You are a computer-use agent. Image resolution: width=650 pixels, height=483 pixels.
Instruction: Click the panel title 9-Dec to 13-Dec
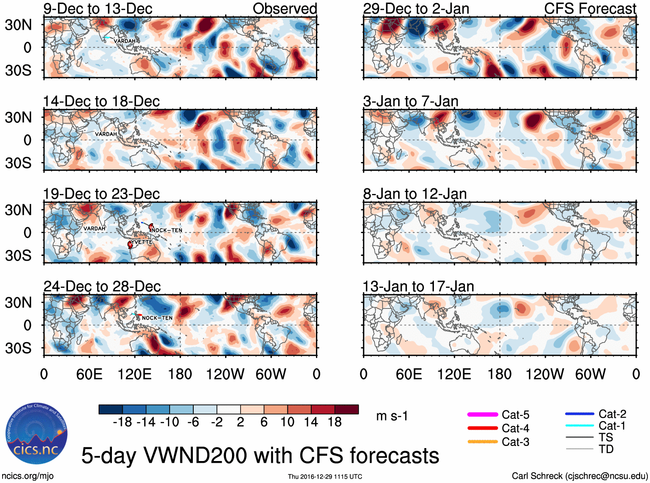pos(98,9)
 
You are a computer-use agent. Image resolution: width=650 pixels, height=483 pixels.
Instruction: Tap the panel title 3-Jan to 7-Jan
pos(411,101)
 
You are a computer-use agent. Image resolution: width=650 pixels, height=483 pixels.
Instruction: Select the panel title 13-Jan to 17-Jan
pos(418,287)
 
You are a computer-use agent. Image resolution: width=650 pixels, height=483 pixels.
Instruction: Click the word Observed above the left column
pos(285,9)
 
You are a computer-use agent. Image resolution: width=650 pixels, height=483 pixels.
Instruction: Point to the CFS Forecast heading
pos(590,9)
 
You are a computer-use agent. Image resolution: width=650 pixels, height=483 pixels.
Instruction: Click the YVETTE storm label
pos(142,242)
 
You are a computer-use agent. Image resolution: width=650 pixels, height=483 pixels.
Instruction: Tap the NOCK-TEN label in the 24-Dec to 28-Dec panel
pos(157,318)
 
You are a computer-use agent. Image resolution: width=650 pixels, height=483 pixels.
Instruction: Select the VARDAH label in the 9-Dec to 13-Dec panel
pos(124,41)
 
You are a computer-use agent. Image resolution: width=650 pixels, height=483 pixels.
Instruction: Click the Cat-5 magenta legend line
pos(483,414)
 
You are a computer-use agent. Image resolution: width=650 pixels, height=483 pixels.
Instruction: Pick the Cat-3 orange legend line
pos(483,442)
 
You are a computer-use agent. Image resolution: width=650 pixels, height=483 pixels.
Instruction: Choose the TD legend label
pos(606,449)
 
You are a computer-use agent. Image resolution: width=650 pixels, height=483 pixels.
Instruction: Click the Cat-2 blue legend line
pos(579,414)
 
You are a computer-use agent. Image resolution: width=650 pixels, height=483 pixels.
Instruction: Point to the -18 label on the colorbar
pos(122,422)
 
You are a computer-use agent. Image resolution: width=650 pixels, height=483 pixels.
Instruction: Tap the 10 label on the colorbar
pos(288,422)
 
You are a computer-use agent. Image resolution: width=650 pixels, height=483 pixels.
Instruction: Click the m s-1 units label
pos(392,416)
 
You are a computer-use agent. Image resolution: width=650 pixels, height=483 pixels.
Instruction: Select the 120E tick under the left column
pos(135,374)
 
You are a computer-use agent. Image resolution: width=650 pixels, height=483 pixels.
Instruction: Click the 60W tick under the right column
pos(590,374)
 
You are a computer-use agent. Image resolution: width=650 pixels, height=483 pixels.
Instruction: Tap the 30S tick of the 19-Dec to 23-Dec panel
pos(18,256)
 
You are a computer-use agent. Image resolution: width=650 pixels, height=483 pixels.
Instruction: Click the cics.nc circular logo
pos(36,434)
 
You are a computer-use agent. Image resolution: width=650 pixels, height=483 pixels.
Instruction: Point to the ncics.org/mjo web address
pos(28,476)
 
